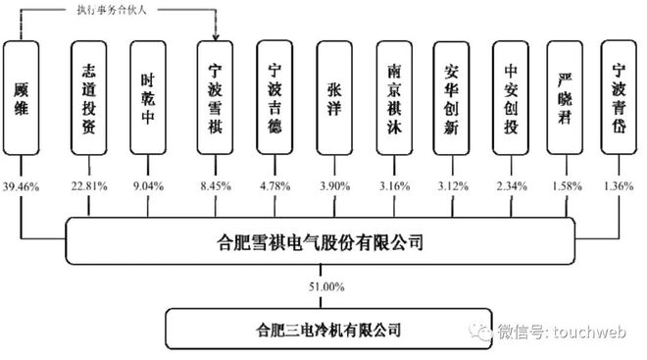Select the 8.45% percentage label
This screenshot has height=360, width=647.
tap(216, 183)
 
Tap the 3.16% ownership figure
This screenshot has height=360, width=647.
tap(395, 183)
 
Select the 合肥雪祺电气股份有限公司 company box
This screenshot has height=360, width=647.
tap(324, 240)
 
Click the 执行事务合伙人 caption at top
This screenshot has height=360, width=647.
tap(120, 10)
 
